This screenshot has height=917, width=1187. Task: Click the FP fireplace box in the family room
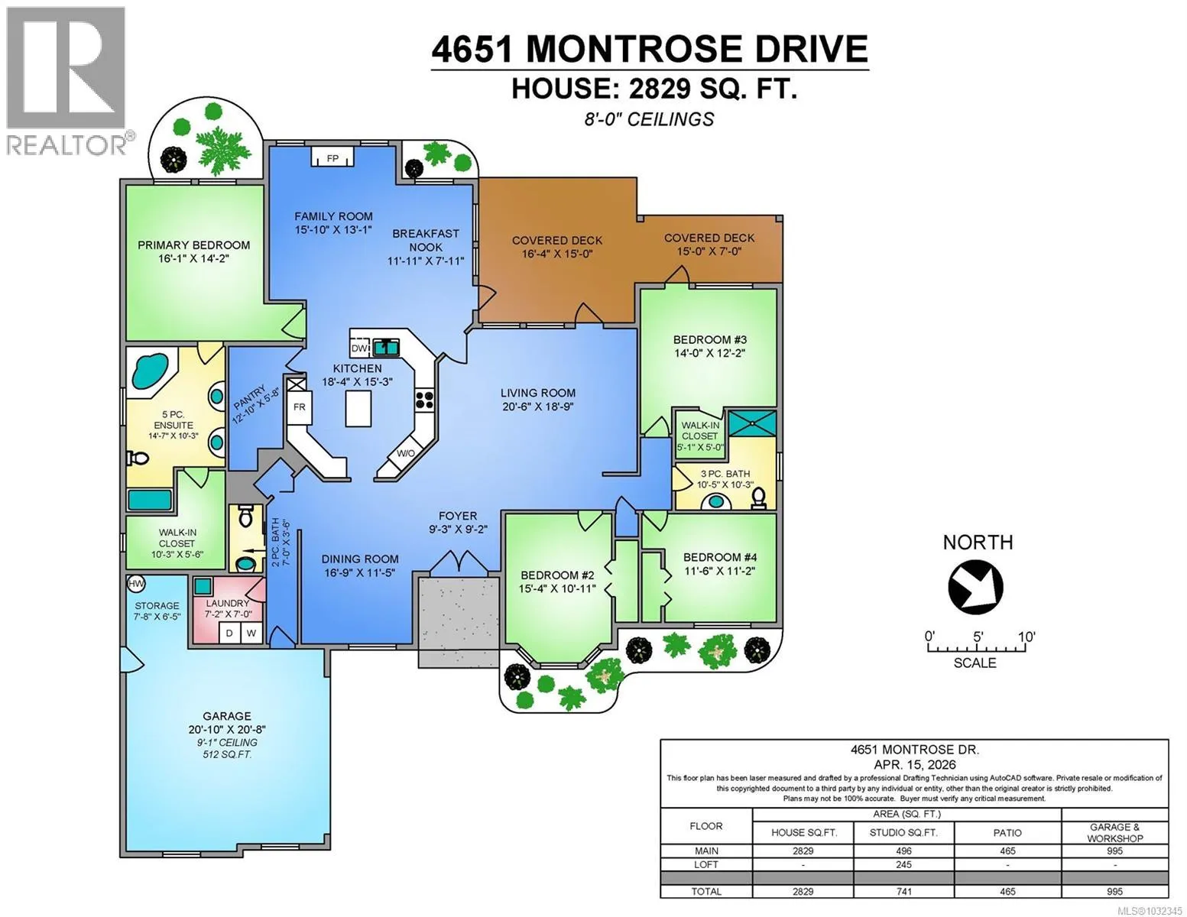point(332,157)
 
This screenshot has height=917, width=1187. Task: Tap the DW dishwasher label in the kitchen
point(358,348)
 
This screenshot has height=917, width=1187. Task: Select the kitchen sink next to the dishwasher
point(386,347)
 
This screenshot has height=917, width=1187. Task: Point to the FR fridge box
point(300,407)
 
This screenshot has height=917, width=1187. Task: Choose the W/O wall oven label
point(405,453)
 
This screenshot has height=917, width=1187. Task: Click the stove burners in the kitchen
point(424,400)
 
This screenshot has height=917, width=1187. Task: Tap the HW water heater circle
point(136,583)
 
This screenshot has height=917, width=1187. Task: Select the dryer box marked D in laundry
point(229,633)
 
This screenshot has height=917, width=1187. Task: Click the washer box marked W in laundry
point(251,633)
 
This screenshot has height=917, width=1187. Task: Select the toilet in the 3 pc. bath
point(758,497)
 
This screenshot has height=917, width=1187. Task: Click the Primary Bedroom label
point(194,245)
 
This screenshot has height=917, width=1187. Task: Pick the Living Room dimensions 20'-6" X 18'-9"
point(537,407)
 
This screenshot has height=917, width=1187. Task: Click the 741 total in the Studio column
point(903,891)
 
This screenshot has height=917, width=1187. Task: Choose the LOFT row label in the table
point(705,864)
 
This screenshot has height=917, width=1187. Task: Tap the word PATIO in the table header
point(1007,833)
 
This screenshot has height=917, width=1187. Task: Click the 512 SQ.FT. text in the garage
point(227,754)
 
